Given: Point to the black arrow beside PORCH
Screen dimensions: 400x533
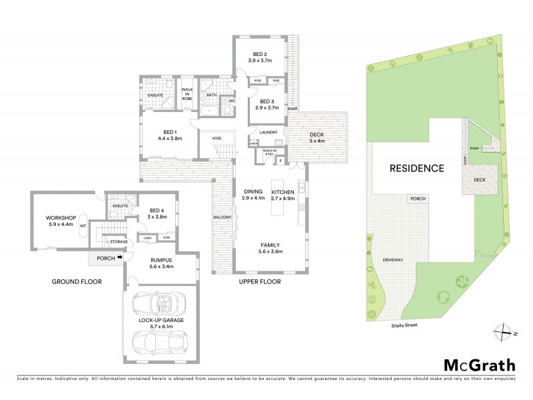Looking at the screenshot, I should (120, 257).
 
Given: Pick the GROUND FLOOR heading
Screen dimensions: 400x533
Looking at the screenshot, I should (76, 282).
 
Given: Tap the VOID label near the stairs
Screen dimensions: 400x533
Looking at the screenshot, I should (217, 138).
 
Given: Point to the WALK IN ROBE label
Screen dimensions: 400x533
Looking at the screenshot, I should (187, 93).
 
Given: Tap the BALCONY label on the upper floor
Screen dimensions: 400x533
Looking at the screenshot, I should (222, 217).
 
